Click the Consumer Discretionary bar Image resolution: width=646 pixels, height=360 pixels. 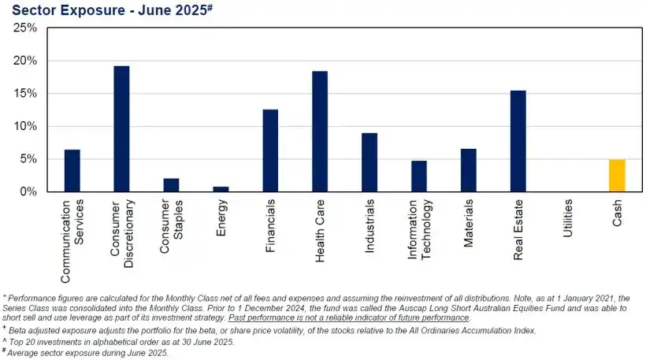coord(121,128)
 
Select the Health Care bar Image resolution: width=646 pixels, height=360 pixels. coord(320,131)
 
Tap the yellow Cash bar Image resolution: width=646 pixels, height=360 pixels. coord(617,175)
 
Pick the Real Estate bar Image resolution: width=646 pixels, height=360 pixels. coord(518,141)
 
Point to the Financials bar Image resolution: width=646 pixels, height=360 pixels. coord(270,150)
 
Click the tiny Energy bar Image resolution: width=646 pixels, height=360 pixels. coord(221,189)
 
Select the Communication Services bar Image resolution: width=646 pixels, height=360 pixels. coord(72,170)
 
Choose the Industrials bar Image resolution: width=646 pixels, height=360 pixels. coord(369,162)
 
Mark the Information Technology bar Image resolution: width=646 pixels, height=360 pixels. coord(419,176)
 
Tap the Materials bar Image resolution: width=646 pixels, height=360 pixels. coord(469,170)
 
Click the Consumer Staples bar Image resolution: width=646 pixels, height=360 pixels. coord(171,185)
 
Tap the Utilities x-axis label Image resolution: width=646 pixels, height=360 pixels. coord(568,218)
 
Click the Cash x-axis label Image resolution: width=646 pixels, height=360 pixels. coord(618,212)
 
